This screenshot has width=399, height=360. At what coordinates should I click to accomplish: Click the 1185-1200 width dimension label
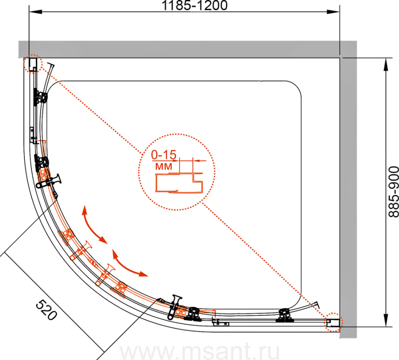(x=195, y=5)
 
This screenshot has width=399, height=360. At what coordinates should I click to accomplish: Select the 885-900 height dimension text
(x=393, y=192)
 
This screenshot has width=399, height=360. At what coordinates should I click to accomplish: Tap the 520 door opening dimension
(x=46, y=309)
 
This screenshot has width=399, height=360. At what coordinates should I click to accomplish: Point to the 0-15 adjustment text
(x=164, y=154)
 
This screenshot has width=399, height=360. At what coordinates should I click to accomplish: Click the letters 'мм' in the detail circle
(x=164, y=166)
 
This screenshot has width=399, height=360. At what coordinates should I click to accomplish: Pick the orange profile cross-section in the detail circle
(x=179, y=182)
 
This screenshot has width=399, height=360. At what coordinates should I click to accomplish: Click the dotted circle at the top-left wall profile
(x=32, y=64)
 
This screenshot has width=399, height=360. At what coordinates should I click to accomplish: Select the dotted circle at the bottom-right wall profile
(x=333, y=322)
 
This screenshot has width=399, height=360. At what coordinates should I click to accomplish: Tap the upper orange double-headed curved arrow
(x=93, y=227)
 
